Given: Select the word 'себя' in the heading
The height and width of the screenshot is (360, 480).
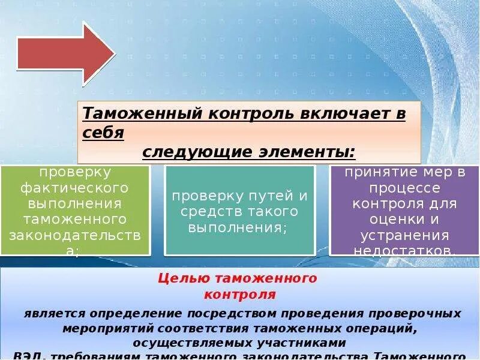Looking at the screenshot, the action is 103,132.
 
